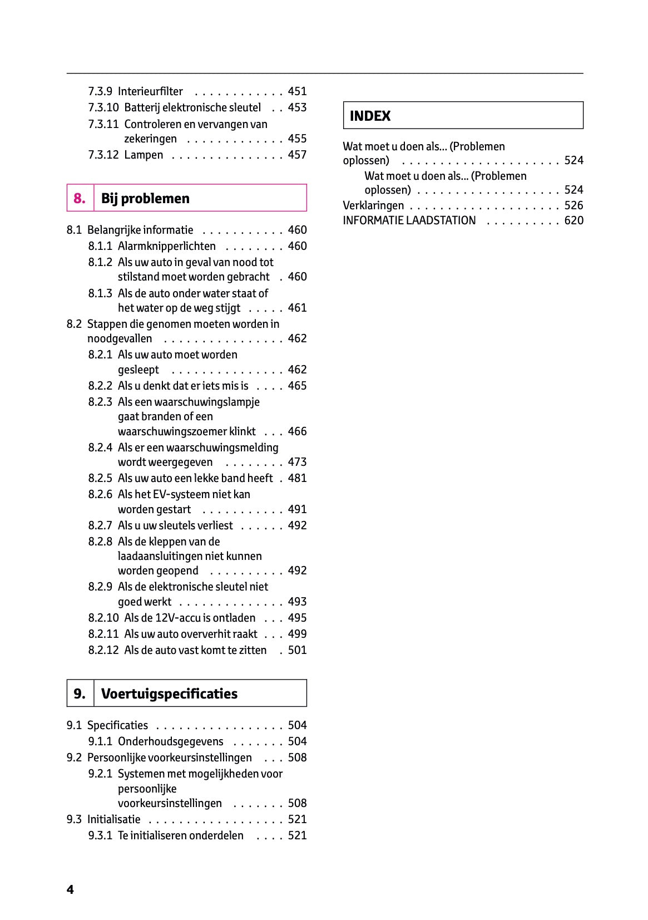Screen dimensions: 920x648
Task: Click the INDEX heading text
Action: (370, 116)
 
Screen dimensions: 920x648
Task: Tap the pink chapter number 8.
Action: (80, 198)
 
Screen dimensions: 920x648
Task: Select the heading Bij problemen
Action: (145, 198)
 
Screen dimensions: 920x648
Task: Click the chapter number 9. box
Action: (80, 693)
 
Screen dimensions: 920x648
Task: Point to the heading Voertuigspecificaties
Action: (169, 693)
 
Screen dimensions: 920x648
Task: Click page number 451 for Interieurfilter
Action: (297, 91)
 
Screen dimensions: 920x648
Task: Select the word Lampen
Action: (144, 155)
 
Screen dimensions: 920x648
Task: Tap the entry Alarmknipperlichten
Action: (166, 246)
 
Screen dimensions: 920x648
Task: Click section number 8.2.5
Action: (100, 478)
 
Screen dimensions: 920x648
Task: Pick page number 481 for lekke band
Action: (297, 478)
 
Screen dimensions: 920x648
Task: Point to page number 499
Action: (297, 634)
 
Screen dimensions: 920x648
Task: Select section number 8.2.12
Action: (103, 650)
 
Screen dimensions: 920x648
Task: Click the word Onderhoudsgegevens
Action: (170, 741)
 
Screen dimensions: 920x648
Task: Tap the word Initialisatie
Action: (113, 819)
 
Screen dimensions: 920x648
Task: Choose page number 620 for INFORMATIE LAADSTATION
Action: (573, 220)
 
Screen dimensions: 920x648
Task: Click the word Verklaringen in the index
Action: (373, 205)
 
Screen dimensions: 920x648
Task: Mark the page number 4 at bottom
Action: (70, 889)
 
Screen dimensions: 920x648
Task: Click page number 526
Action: (573, 205)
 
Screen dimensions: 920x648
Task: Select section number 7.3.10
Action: (103, 107)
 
